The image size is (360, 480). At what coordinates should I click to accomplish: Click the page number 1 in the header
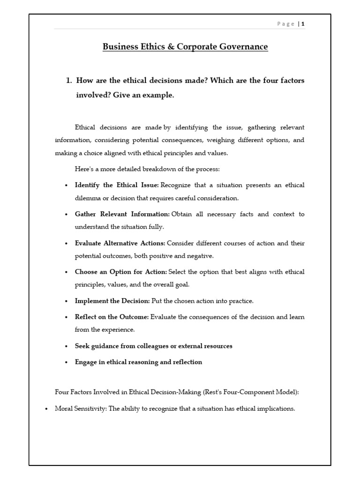click(303, 24)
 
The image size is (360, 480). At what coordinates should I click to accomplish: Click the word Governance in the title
click(245, 47)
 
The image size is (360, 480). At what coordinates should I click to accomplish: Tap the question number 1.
click(68, 81)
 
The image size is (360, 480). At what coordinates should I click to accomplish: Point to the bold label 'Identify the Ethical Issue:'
click(117, 185)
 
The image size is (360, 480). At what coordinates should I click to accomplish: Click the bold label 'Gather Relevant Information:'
click(122, 214)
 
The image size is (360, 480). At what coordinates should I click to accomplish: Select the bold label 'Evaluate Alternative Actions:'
click(120, 243)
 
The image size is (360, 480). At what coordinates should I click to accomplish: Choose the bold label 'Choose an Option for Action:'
click(120, 272)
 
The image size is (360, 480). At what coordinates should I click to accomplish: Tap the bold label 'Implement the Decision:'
click(112, 301)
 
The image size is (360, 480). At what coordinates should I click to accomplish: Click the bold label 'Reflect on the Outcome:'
click(112, 317)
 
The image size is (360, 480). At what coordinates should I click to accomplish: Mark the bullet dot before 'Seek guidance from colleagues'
click(66, 346)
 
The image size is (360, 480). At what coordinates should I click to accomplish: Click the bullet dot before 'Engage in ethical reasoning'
click(66, 362)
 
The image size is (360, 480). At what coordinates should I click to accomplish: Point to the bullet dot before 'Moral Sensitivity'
click(46, 409)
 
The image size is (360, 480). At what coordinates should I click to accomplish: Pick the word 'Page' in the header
click(286, 24)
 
